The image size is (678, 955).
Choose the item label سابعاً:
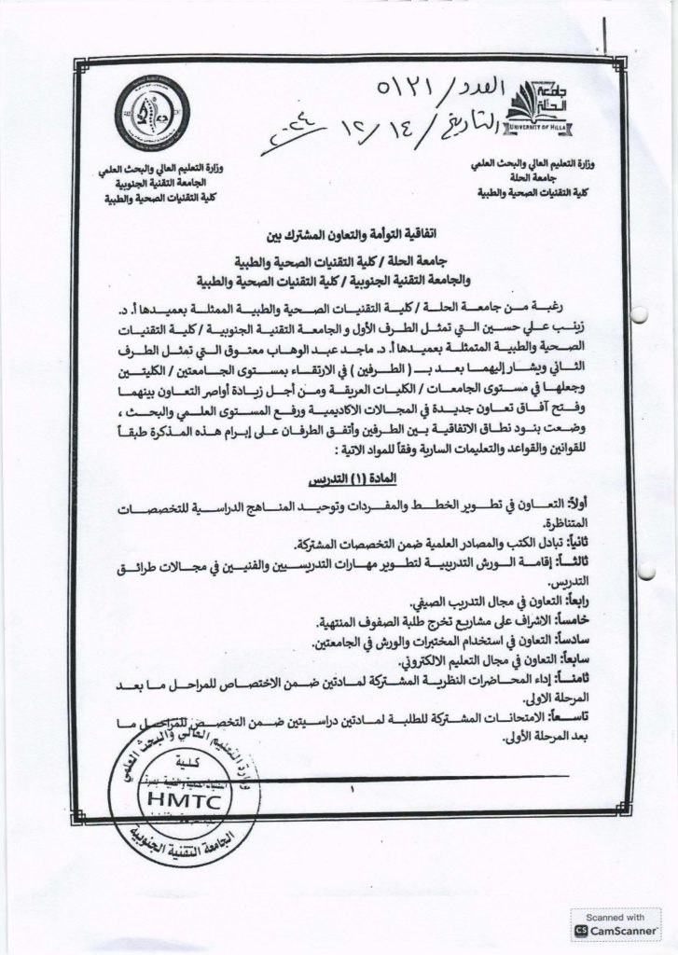click(558, 659)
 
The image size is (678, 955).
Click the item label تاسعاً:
click(556, 717)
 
